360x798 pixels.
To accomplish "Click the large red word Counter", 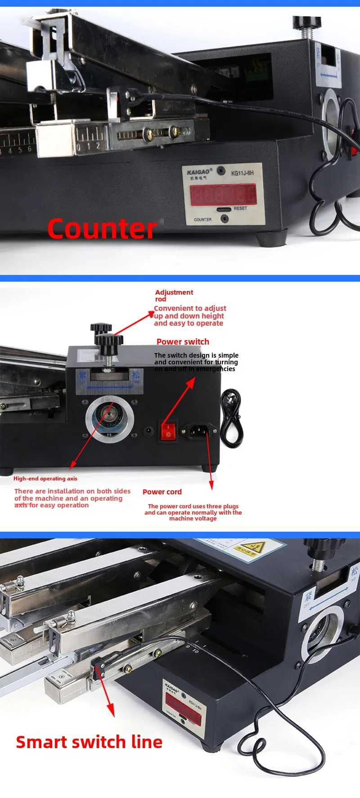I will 102,229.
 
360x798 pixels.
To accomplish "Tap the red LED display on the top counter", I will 223,195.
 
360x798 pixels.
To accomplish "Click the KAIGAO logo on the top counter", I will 198,172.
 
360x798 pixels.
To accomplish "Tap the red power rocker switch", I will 168,431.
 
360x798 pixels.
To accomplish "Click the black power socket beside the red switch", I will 199,431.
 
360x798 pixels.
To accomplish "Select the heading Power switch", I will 183,341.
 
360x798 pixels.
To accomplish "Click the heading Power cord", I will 162,492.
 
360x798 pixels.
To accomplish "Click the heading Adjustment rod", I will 174,295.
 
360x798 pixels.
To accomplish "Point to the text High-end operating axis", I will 45,478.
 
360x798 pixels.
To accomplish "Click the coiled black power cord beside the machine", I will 232,418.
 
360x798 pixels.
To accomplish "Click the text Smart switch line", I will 89,742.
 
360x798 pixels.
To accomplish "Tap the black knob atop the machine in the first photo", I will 307,22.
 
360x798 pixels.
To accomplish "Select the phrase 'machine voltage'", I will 193,519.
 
